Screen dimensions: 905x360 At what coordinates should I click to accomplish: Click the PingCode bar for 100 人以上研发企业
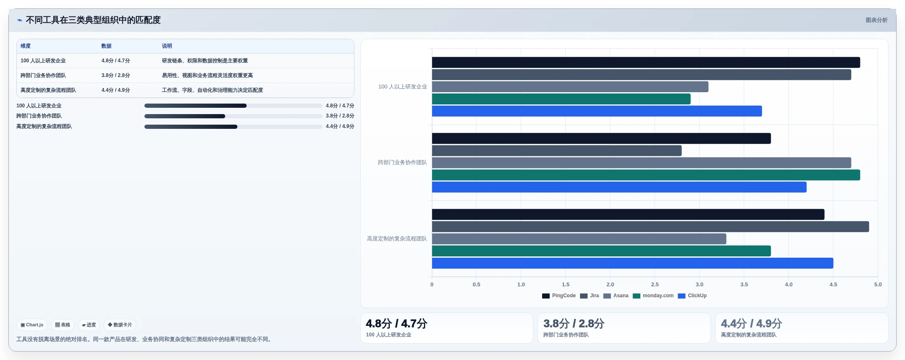click(646, 62)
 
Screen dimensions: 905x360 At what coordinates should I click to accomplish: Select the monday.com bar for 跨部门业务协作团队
click(646, 175)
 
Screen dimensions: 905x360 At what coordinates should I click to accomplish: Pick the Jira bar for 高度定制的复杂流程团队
click(650, 227)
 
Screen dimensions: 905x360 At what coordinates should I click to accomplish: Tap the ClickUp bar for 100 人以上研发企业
click(597, 111)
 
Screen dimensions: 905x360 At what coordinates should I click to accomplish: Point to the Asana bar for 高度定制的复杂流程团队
click(579, 239)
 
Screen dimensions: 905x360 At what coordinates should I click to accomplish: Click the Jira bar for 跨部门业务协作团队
click(557, 151)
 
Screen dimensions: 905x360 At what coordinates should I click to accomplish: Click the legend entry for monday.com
click(653, 296)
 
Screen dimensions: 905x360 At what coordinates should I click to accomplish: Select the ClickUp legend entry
click(692, 296)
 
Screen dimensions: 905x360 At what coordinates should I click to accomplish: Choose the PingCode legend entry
click(559, 296)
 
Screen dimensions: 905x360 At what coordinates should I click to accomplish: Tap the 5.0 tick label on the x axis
click(878, 285)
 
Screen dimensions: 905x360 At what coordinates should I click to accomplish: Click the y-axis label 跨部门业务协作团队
click(402, 163)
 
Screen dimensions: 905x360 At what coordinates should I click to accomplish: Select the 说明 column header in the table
click(167, 46)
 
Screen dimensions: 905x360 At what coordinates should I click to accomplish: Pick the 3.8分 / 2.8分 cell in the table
click(116, 75)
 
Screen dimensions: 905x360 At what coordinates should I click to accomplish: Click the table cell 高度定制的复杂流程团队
click(48, 90)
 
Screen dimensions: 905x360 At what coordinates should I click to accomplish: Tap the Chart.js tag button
click(32, 325)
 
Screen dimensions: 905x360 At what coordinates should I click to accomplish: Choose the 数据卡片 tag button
click(120, 325)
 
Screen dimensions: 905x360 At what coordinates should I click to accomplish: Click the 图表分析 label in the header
click(876, 20)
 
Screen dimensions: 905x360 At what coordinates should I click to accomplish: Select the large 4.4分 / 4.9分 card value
click(751, 323)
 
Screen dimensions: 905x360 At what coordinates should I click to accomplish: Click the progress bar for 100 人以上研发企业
click(233, 106)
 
